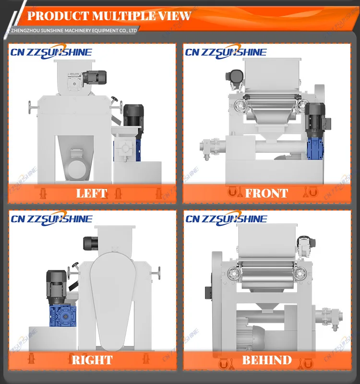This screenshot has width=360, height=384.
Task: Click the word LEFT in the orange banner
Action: (92, 193)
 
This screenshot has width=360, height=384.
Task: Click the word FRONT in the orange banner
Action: (266, 193)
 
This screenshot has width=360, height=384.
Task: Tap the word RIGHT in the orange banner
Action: (92, 360)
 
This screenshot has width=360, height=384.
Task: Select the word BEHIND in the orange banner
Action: (267, 360)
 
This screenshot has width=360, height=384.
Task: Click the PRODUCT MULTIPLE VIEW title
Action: (109, 16)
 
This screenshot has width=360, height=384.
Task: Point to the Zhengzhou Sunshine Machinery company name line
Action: (74, 31)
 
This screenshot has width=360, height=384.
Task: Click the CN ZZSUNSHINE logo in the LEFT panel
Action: (51, 52)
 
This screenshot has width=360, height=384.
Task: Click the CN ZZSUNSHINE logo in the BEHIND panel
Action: (226, 219)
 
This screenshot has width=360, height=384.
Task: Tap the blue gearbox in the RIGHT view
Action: (63, 316)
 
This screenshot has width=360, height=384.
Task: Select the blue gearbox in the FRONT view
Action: (315, 148)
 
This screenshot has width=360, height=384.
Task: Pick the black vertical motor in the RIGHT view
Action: (57, 287)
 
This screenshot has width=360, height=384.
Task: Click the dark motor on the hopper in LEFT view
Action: (94, 77)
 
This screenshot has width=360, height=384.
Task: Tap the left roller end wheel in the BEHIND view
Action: (234, 273)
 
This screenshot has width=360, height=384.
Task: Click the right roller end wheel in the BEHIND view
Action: (300, 273)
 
